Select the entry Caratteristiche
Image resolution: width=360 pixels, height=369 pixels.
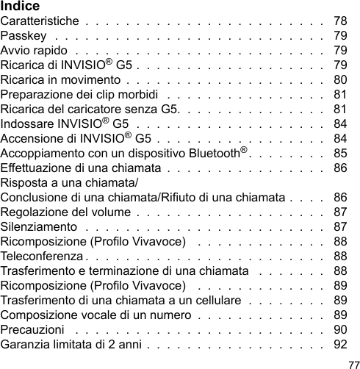pyautogui.click(x=38, y=21)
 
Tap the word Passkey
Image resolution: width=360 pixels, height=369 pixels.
pyautogui.click(x=24, y=35)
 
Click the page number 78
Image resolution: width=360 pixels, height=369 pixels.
pyautogui.click(x=341, y=21)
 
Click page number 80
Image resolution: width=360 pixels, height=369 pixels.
pyautogui.click(x=341, y=79)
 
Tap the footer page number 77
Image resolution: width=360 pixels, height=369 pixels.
pyautogui.click(x=353, y=363)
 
